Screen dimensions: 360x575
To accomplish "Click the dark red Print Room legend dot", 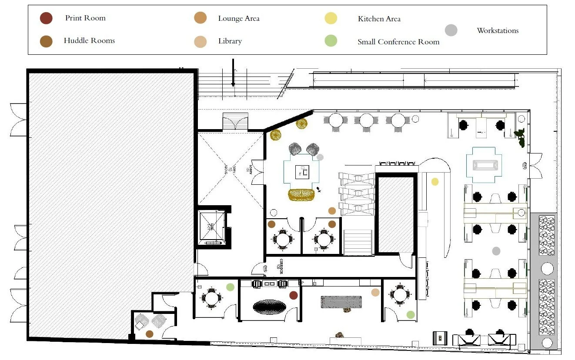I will pyautogui.click(x=46, y=18).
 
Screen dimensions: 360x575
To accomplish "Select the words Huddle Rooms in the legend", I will pyautogui.click(x=89, y=41).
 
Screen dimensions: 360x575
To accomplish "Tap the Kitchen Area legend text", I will pyautogui.click(x=379, y=19).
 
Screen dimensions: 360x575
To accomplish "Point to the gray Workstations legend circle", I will pyautogui.click(x=451, y=30).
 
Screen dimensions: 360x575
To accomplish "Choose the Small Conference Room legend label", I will pyautogui.click(x=398, y=42).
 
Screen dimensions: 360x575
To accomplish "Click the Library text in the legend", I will pyautogui.click(x=230, y=41).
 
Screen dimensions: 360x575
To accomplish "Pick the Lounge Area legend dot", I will pyautogui.click(x=200, y=18).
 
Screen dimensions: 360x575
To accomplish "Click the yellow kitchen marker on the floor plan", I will pyautogui.click(x=435, y=182).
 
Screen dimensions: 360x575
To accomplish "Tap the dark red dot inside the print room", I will pyautogui.click(x=294, y=295).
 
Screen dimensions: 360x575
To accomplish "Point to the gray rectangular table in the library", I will pyautogui.click(x=341, y=302).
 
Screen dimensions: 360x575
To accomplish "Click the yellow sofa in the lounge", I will pyautogui.click(x=302, y=195).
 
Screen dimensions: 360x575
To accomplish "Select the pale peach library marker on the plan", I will pyautogui.click(x=375, y=293).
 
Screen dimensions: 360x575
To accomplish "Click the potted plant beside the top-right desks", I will pyautogui.click(x=520, y=137).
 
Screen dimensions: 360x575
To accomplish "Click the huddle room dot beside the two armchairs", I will pyautogui.click(x=150, y=333).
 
